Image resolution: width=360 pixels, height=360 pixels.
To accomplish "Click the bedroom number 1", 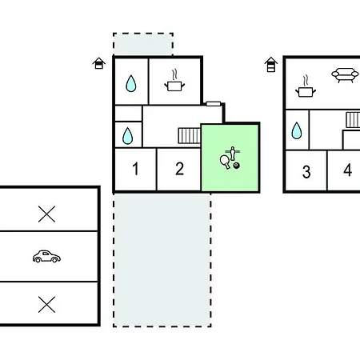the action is click(136, 169).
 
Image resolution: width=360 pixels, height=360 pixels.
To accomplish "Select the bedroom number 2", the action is click(180, 169).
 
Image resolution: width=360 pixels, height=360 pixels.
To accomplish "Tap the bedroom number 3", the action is click(306, 172).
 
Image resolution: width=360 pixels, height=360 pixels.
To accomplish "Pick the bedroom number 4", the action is click(348, 170).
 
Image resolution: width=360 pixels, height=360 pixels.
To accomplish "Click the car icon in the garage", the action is click(46, 256).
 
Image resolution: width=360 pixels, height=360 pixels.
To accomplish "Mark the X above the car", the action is click(46, 214).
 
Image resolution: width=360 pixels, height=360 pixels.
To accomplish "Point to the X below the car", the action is click(46, 304).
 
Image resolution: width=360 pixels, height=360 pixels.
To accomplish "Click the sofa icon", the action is click(345, 75).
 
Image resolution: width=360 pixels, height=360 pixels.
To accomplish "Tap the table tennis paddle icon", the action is click(225, 162).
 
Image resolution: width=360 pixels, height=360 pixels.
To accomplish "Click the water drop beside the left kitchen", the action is click(131, 83).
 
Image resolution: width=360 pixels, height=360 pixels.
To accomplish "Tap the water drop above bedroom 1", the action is click(127, 136).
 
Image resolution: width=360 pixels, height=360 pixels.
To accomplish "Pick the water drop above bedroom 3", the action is click(297, 130).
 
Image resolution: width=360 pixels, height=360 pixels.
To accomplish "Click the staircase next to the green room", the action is click(190, 136).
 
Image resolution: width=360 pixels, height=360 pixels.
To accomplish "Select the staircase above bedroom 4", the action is click(353, 120).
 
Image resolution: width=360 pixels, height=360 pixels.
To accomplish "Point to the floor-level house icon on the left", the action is click(99, 63).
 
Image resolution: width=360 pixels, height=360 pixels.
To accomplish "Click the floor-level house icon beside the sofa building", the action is click(271, 65).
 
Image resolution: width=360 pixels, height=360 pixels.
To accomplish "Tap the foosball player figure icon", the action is click(233, 154).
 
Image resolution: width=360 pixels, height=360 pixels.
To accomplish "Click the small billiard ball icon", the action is click(237, 166).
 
